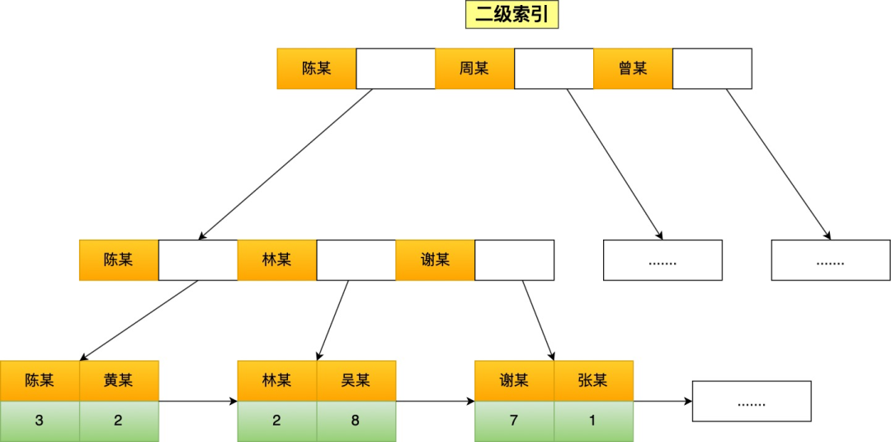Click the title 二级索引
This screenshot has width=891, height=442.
tap(512, 16)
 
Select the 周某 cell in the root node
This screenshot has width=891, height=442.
tap(474, 69)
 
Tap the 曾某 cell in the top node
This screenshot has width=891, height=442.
tap(633, 69)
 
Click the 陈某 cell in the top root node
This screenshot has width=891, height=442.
tap(316, 69)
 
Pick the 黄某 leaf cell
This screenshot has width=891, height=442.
tap(119, 381)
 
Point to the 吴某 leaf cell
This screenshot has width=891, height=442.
tap(356, 381)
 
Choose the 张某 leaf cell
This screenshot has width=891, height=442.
tap(593, 381)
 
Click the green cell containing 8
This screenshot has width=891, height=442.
tap(356, 421)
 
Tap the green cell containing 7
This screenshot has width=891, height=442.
tap(514, 421)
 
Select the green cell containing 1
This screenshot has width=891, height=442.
tap(593, 421)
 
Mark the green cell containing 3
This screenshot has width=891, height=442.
tap(40, 421)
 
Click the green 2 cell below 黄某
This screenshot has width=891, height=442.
tap(119, 421)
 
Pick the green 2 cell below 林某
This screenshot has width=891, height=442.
tap(276, 421)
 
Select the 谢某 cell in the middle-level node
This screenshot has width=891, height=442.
tap(435, 260)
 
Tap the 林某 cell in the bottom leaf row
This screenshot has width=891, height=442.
tap(276, 381)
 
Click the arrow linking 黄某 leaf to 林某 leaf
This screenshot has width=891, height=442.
tap(198, 402)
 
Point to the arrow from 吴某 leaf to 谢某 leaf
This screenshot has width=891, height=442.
tap(436, 402)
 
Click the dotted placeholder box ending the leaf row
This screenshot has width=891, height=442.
tap(751, 402)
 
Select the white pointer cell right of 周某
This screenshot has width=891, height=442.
tap(554, 69)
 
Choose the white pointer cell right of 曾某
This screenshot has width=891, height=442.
tap(712, 69)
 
